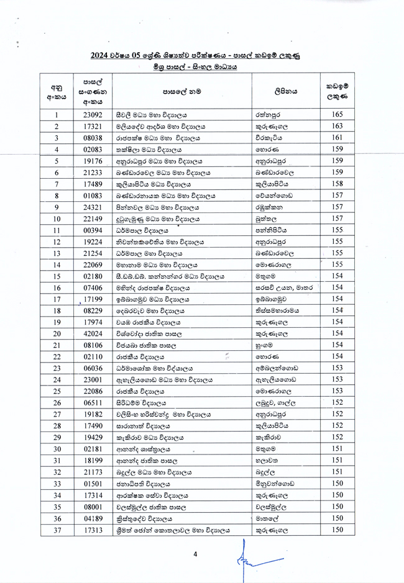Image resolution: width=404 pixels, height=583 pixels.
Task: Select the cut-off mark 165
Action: click(337, 114)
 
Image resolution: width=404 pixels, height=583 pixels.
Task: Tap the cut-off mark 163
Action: click(337, 126)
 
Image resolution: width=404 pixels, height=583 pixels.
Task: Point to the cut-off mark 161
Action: click(337, 138)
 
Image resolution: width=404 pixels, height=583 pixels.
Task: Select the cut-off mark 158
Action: click(337, 184)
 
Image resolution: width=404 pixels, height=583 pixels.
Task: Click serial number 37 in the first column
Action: click(57, 530)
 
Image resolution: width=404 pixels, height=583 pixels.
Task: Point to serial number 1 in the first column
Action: click(57, 115)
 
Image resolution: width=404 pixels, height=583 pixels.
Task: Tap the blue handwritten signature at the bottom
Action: click(246, 559)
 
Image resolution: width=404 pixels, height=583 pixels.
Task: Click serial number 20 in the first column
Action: click(57, 334)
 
